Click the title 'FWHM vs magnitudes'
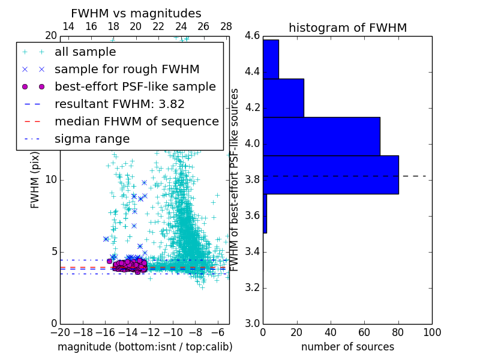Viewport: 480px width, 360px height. point(136,14)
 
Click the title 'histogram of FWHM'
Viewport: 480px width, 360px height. point(347,28)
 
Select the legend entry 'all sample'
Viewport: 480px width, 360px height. point(85,52)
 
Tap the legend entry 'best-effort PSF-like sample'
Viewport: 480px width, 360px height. point(135,87)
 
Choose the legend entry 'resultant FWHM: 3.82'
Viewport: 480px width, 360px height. point(119,104)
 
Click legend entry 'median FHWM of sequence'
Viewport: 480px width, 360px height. point(136,122)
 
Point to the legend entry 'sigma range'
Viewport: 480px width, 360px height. point(92,139)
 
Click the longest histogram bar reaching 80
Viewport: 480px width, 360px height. point(331,175)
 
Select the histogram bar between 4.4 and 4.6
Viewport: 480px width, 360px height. point(271,59)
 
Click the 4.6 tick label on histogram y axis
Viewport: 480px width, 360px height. point(252,36)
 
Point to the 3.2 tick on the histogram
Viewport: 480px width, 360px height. point(252,287)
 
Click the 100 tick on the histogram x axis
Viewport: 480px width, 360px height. point(431,332)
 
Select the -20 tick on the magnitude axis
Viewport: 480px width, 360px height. point(60,332)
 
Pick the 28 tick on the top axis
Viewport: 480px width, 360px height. point(226,27)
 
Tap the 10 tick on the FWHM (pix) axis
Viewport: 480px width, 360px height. point(52,180)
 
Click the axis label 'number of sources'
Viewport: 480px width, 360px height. point(347,347)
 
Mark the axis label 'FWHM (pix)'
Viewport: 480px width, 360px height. point(35,180)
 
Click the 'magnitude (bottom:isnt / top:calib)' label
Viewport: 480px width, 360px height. point(145,347)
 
